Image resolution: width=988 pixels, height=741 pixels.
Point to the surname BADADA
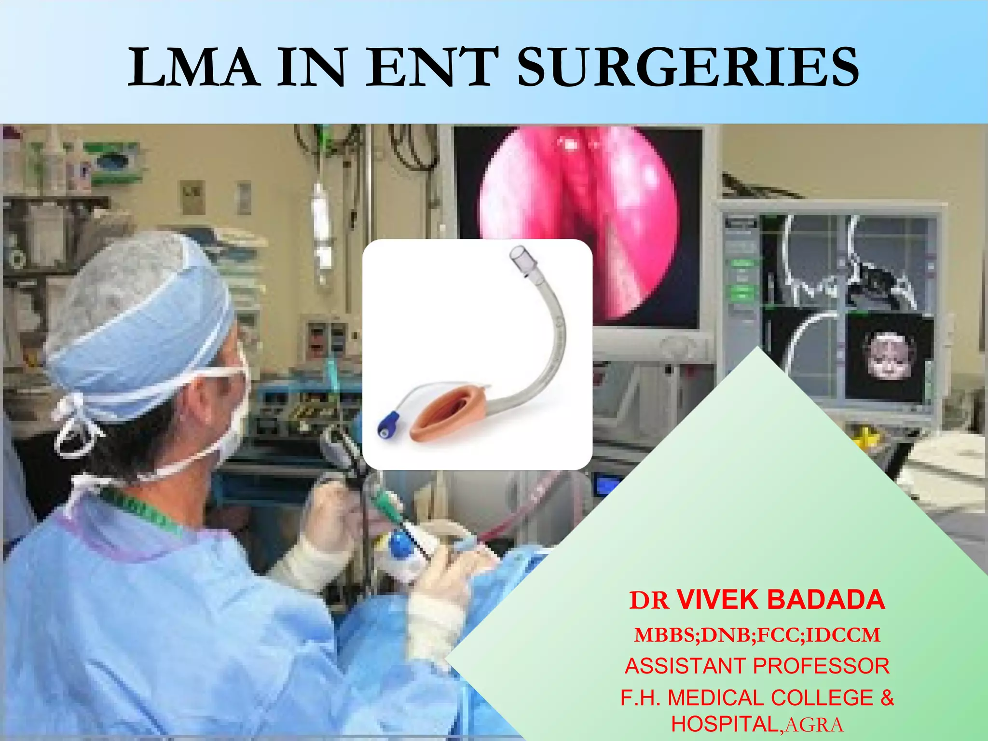click(826, 600)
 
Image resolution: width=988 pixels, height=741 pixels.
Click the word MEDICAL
click(715, 698)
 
